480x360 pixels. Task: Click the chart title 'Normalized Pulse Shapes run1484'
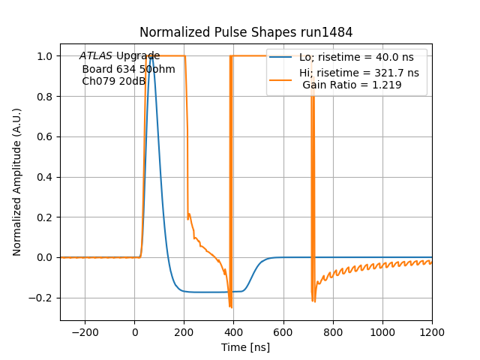pyautogui.click(x=246, y=32)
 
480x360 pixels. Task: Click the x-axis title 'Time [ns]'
pyautogui.click(x=246, y=347)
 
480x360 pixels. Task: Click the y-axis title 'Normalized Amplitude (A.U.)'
pyautogui.click(x=17, y=182)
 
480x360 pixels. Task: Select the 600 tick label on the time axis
pyautogui.click(x=283, y=332)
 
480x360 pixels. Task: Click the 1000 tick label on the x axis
pyautogui.click(x=382, y=332)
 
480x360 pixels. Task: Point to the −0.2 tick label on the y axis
pyautogui.click(x=43, y=298)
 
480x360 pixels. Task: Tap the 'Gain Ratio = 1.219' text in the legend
pyautogui.click(x=352, y=85)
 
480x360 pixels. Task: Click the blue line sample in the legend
pyautogui.click(x=281, y=58)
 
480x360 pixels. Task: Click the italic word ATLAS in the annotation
pyautogui.click(x=96, y=56)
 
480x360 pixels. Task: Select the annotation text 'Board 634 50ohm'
pyautogui.click(x=128, y=69)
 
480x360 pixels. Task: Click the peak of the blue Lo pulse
pyautogui.click(x=151, y=56)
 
